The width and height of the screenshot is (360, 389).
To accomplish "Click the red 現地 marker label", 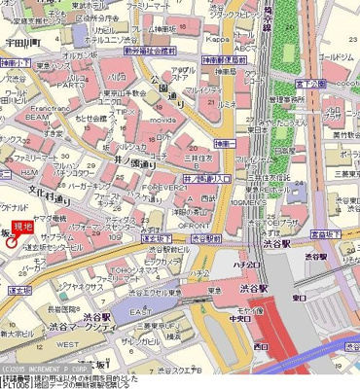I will (23, 227).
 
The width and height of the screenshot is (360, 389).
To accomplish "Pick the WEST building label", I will (67, 344).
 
